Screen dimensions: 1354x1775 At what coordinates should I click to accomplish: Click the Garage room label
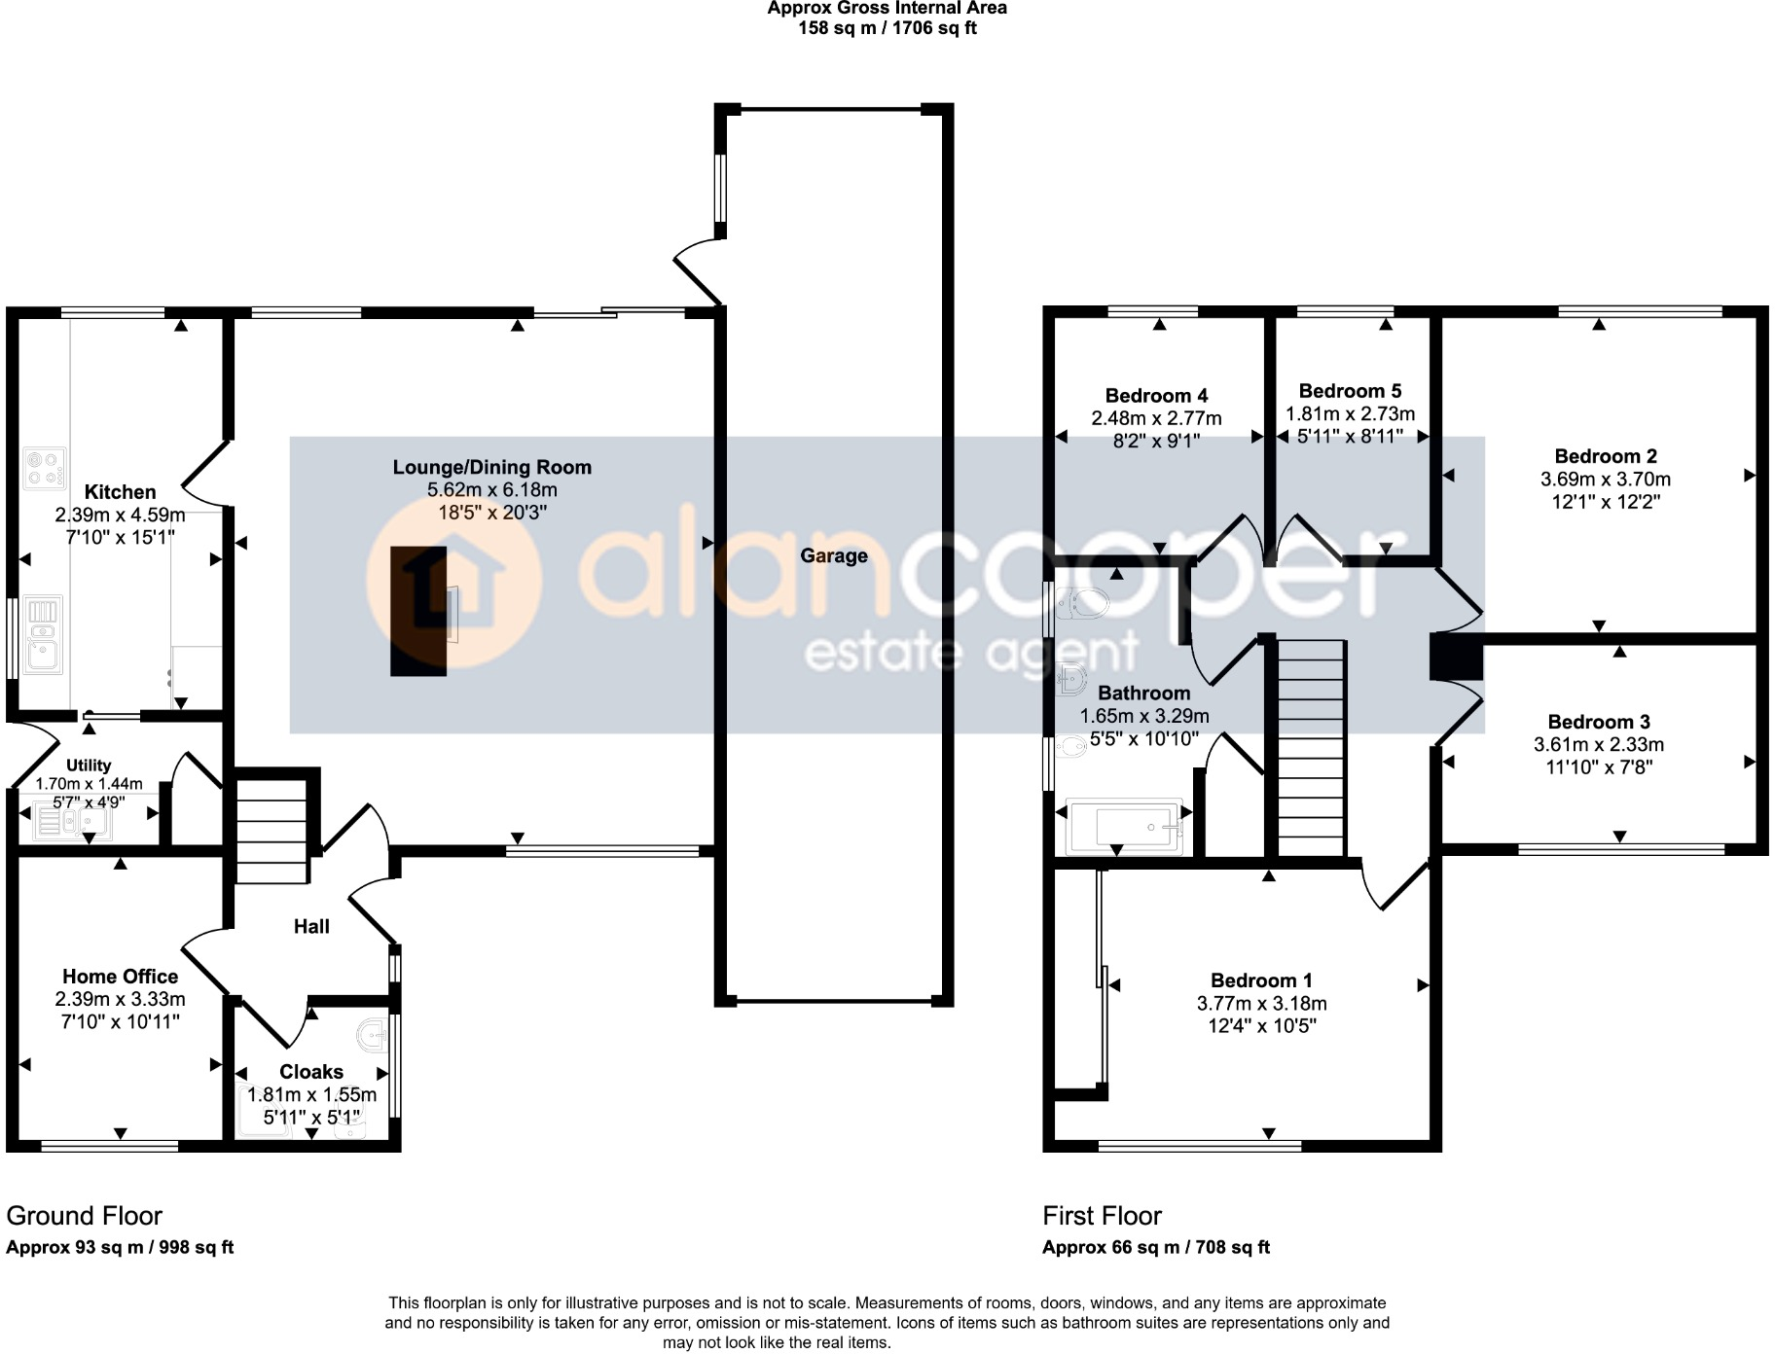[833, 555]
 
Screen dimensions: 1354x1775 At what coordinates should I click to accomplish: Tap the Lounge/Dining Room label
[491, 467]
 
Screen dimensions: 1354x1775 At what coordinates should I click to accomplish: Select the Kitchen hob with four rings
[45, 468]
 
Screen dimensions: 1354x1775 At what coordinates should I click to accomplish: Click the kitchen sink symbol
[44, 634]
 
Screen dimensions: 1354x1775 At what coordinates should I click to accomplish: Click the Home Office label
[120, 977]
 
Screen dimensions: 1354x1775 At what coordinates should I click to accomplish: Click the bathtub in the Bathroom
[1125, 827]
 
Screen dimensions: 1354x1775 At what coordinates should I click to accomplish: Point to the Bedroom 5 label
[1350, 391]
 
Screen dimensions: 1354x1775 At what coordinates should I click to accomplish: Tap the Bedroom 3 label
[1598, 722]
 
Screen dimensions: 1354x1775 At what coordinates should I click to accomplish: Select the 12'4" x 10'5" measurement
[1261, 1025]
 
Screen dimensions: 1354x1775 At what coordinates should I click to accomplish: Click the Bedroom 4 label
[1156, 396]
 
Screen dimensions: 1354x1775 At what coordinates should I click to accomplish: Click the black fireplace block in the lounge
[418, 611]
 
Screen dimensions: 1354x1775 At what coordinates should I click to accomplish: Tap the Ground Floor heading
[84, 1216]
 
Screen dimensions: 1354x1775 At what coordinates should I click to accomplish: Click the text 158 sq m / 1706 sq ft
[887, 28]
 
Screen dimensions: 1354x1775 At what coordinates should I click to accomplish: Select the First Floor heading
[1102, 1216]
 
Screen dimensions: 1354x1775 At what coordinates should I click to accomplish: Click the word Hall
[311, 927]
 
